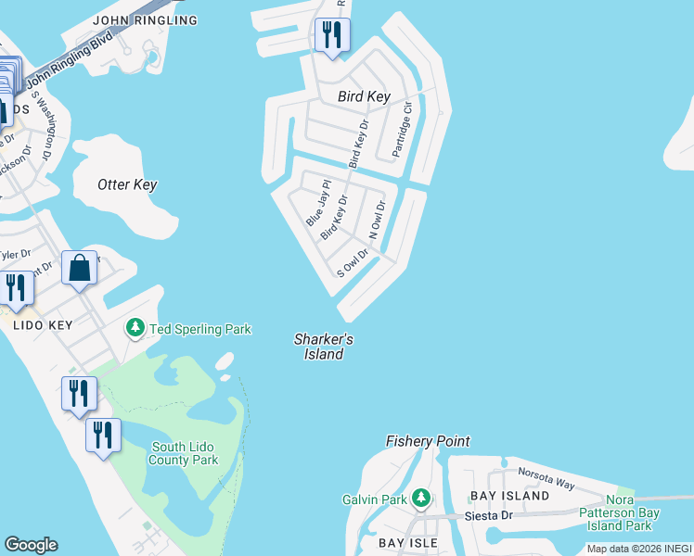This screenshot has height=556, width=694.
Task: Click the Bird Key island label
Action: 364,97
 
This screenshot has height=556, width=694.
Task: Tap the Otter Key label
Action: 127,184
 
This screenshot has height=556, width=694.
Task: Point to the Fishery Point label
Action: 428,442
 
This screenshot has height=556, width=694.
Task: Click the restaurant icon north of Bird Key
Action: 331,36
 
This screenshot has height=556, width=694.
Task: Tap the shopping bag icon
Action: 81,269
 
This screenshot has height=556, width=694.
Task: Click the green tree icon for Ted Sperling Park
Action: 135,329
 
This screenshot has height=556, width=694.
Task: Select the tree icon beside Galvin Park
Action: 421,499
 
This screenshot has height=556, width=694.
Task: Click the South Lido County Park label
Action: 185,453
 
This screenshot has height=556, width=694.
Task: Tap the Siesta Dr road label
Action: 494,515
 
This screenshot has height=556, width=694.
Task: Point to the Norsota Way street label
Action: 546,478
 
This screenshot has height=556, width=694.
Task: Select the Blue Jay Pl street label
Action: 317,204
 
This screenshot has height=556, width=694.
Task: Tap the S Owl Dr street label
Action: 353,263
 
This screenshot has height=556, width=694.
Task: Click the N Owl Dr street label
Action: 377,221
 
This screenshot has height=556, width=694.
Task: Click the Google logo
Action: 31,545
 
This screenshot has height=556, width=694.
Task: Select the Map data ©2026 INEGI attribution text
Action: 638,549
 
